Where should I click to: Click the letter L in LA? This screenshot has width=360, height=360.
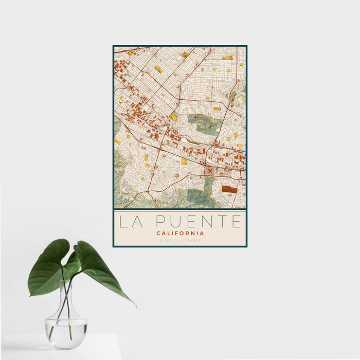[123, 222]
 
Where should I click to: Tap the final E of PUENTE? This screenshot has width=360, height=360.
[236, 222]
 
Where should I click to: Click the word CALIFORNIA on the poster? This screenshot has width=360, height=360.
[180, 233]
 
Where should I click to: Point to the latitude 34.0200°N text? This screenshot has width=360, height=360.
[169, 240]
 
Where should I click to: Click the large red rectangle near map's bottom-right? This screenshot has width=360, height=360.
[229, 189]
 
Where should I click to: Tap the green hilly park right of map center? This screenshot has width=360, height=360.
[205, 122]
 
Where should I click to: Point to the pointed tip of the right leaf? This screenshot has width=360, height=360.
[135, 307]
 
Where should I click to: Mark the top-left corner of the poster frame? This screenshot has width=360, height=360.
[113, 46]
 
